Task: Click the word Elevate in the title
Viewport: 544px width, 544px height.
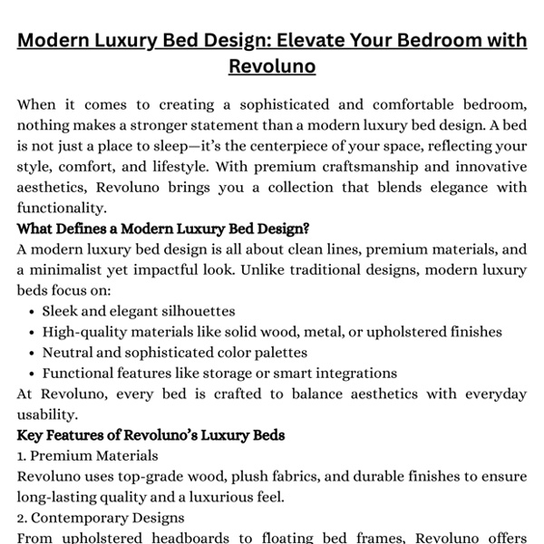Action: click(x=309, y=41)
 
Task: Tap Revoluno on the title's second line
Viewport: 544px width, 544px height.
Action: click(x=272, y=67)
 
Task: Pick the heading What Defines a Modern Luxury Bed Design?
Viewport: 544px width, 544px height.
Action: click(x=162, y=228)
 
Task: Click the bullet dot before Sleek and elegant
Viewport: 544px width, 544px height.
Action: click(x=33, y=312)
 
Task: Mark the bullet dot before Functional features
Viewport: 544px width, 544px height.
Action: click(x=33, y=374)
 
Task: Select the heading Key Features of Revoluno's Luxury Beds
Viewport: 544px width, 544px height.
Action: click(x=151, y=435)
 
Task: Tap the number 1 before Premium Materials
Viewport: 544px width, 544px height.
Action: click(x=21, y=456)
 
